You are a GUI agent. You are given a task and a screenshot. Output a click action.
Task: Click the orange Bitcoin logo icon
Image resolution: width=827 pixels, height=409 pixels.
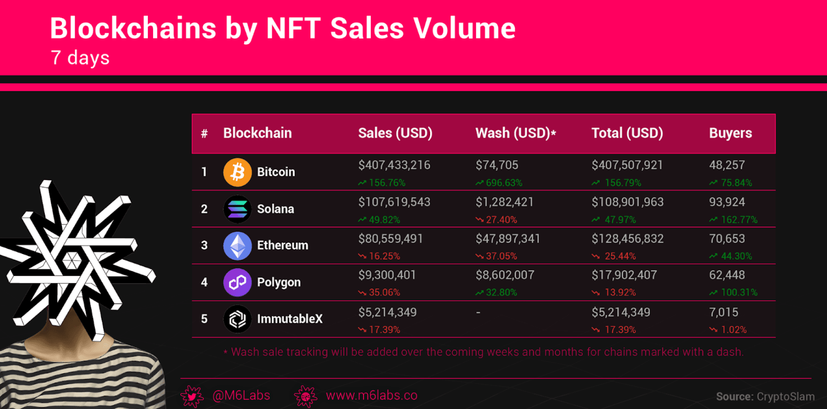click(238, 172)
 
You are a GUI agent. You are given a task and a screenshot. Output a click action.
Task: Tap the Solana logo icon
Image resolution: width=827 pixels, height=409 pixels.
click(238, 209)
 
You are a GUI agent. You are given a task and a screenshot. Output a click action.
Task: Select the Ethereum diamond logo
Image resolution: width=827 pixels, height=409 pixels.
click(238, 245)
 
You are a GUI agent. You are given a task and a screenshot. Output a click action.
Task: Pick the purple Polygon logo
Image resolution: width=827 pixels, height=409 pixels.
click(238, 282)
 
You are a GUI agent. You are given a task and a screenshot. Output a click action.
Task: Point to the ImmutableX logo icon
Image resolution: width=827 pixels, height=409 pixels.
click(238, 319)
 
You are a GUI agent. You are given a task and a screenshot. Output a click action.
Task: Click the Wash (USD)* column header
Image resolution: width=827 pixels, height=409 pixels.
click(516, 133)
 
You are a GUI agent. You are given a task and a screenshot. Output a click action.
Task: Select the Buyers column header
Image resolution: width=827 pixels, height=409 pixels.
click(730, 133)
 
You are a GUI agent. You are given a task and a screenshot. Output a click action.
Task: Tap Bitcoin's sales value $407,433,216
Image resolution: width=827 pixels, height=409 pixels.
click(394, 165)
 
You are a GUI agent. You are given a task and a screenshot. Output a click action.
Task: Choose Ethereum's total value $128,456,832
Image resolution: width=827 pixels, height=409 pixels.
click(627, 239)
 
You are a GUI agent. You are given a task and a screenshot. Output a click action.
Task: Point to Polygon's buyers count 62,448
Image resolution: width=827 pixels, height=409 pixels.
click(727, 275)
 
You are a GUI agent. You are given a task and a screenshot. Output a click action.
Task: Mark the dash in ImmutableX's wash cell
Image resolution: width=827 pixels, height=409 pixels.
click(478, 313)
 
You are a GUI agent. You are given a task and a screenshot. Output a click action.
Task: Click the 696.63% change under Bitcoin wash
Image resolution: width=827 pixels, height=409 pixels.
click(504, 183)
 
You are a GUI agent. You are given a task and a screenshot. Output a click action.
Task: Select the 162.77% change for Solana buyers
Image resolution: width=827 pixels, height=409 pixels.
click(739, 220)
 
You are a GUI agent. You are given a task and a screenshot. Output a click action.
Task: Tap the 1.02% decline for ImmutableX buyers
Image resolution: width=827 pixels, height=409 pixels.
click(734, 329)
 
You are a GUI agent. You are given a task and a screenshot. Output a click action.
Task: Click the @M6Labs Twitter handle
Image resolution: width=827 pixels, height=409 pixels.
click(241, 395)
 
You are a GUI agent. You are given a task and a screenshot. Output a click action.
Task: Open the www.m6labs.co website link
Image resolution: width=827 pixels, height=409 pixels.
click(371, 395)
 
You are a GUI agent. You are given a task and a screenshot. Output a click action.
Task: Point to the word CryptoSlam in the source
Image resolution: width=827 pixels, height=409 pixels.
click(786, 397)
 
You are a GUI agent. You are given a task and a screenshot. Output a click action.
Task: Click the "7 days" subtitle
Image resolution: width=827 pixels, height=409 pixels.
click(80, 58)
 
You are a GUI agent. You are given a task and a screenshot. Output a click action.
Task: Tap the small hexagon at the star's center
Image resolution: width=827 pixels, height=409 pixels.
click(72, 260)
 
